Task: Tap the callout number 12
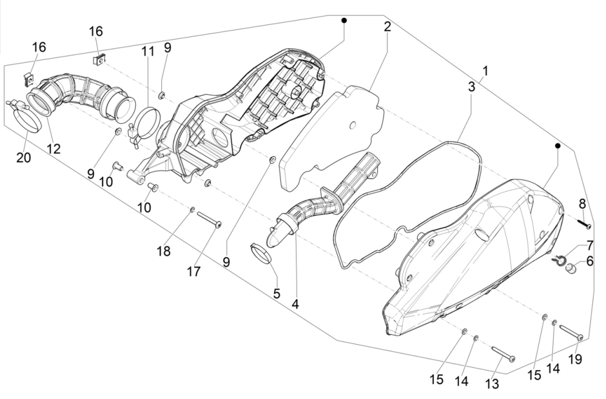click(54, 149)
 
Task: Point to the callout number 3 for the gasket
click(473, 85)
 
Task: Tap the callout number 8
click(582, 203)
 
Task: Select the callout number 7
click(589, 245)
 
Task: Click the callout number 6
click(589, 262)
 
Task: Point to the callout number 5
click(277, 294)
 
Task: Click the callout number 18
click(164, 251)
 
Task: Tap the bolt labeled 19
click(571, 332)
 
